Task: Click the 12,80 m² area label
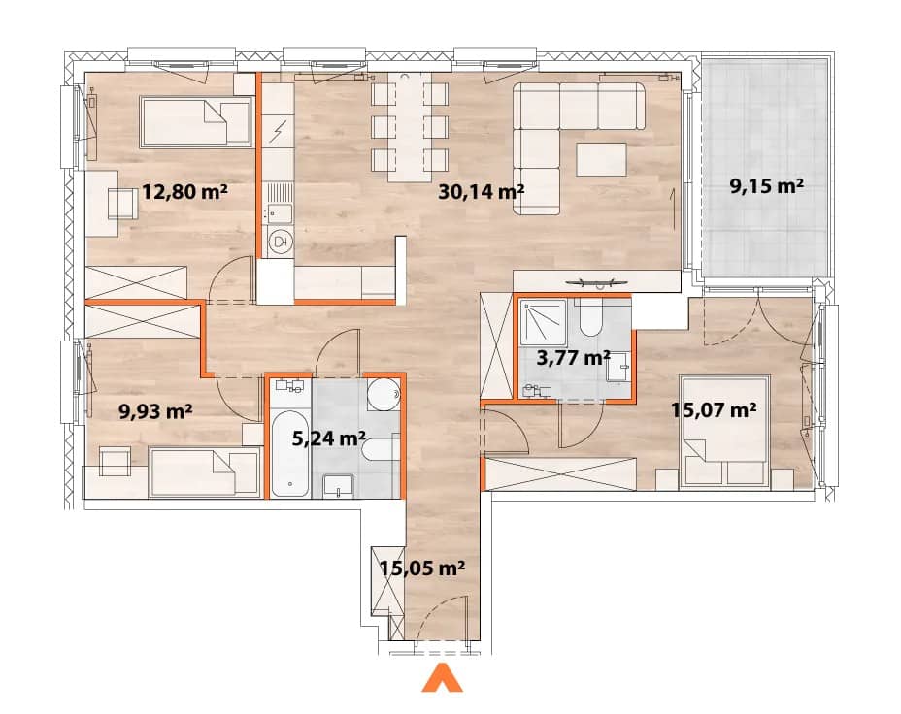(184, 191)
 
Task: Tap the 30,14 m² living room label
(481, 191)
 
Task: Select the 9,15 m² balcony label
(767, 186)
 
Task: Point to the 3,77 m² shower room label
(573, 358)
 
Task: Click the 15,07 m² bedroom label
(714, 409)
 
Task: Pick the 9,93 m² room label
(155, 411)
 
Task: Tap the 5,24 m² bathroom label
(329, 438)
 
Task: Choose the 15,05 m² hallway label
(422, 568)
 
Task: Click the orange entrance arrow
(443, 677)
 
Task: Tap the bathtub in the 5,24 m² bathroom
(290, 453)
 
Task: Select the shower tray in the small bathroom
(543, 323)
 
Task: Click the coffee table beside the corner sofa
(602, 159)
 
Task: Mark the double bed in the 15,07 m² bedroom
(724, 433)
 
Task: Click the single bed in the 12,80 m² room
(196, 121)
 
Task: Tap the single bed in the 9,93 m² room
(205, 472)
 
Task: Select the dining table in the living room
(409, 127)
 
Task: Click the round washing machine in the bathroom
(384, 394)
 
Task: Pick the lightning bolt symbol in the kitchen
(278, 132)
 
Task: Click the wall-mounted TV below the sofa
(596, 282)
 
